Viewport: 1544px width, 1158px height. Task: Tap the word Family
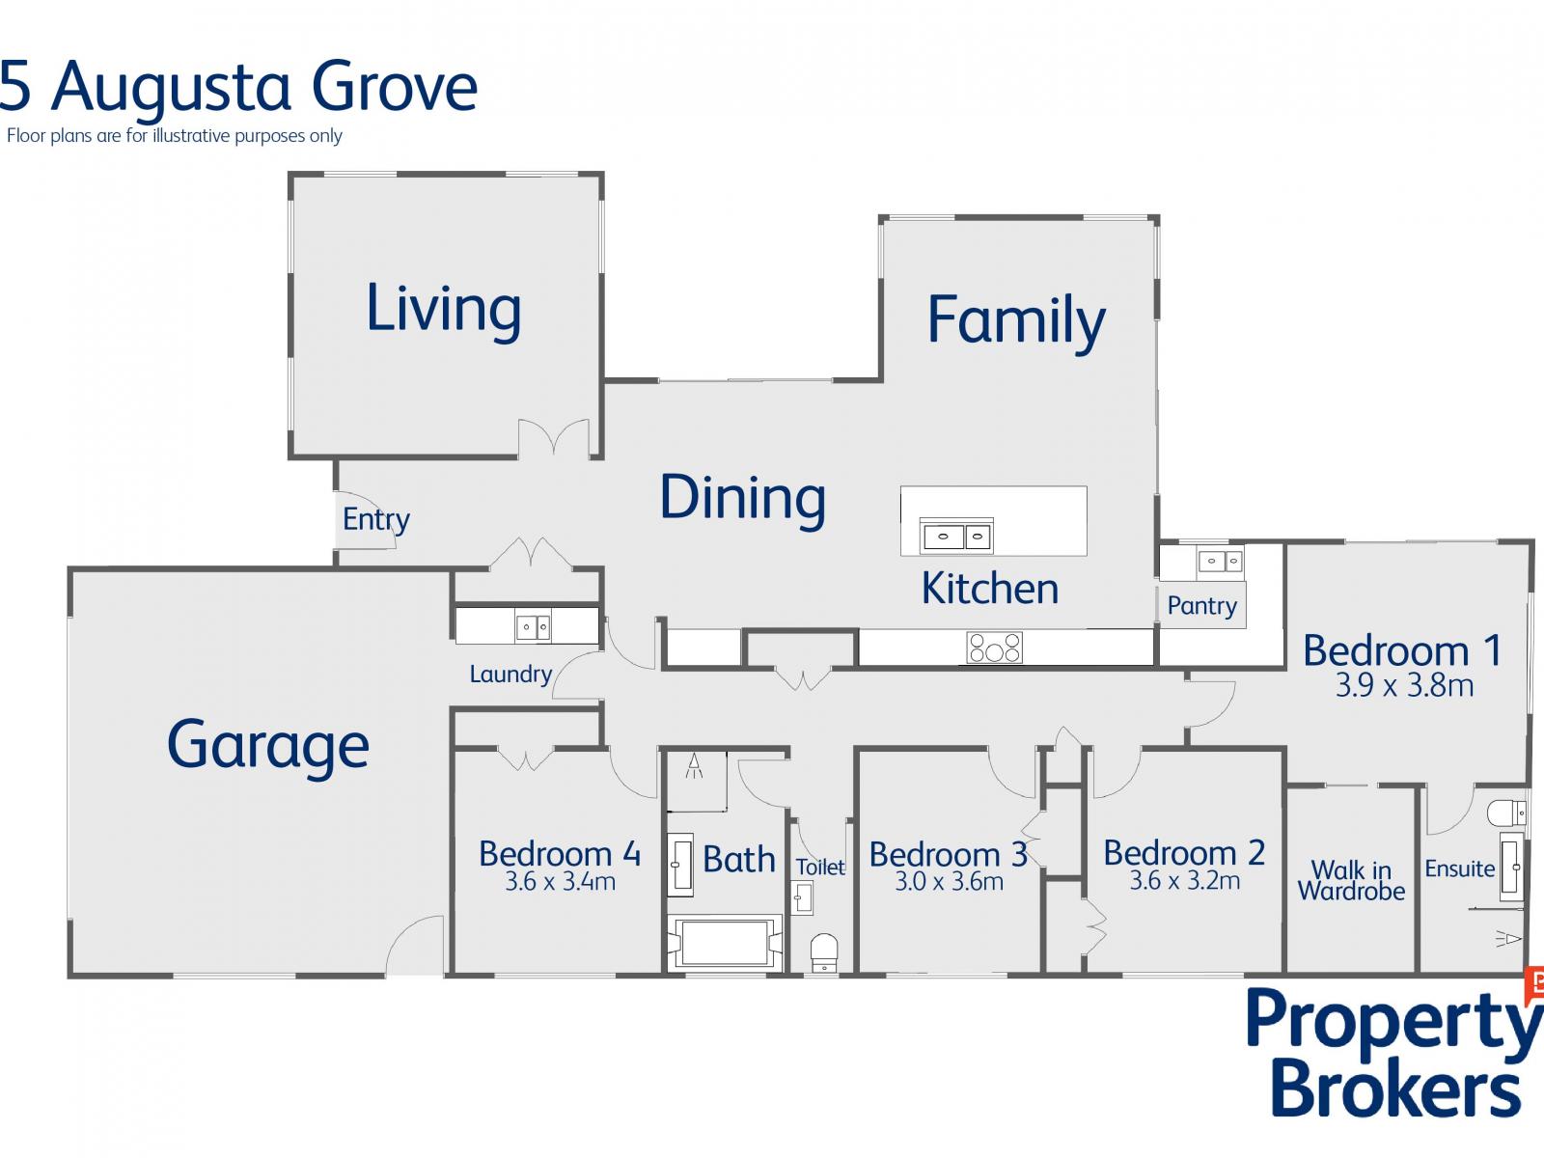coord(1016,322)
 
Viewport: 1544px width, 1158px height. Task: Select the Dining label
coord(742,498)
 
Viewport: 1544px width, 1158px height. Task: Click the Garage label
coord(268,747)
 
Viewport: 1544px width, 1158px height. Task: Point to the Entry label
coord(375,520)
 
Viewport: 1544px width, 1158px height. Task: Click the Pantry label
coord(1201,606)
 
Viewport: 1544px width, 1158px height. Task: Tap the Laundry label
coord(510,675)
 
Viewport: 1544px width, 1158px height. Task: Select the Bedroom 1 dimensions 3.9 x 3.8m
coord(1404,685)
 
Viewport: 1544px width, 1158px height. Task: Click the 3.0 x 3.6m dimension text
coord(949,881)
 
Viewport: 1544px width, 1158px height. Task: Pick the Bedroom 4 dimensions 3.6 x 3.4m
coord(560,881)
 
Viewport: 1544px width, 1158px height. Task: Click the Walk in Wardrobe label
coord(1351,880)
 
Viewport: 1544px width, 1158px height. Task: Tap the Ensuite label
coord(1460,869)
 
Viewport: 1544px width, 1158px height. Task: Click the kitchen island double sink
coord(956,538)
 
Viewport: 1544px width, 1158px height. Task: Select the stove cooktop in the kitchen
coord(994,648)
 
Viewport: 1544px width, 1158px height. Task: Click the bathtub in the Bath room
coord(725,942)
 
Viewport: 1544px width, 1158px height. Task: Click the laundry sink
coord(533,626)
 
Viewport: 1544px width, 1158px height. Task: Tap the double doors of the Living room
coord(554,438)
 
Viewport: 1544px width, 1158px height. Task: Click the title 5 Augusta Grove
coord(237,88)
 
